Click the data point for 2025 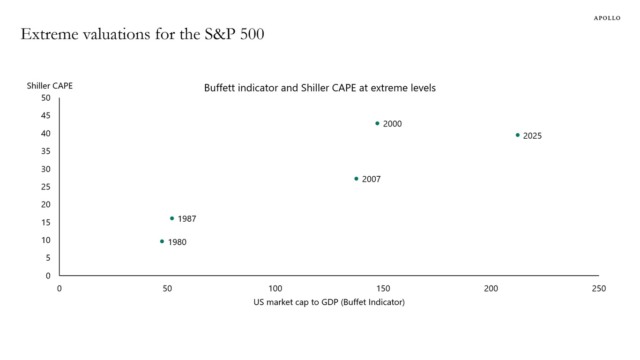[518, 135]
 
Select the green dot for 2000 [377, 123]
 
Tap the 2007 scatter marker [356, 179]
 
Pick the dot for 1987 [172, 218]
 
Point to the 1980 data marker [162, 241]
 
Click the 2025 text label [532, 136]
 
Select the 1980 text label [177, 242]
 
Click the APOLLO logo [607, 18]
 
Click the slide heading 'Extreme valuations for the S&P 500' [142, 34]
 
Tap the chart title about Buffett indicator [320, 88]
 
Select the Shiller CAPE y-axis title [50, 86]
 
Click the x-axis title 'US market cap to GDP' [329, 302]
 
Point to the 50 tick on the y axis [46, 98]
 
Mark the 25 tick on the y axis [46, 187]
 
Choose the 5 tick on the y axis [48, 258]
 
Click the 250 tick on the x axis [599, 289]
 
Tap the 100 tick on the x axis [275, 289]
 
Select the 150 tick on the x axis [383, 289]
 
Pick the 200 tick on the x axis [491, 289]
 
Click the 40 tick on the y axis [46, 134]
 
